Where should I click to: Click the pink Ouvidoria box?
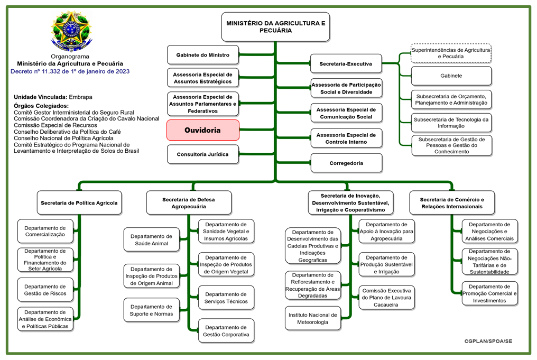tap(203, 130)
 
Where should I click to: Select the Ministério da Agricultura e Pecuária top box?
tap(275, 27)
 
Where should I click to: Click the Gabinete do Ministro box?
tap(202, 55)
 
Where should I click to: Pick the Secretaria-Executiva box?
tap(346, 64)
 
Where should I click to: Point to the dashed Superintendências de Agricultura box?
tap(451, 53)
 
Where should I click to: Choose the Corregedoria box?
tap(346, 163)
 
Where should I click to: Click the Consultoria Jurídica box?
tap(202, 154)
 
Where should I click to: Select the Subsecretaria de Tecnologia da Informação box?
tap(451, 123)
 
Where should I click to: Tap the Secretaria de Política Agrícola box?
tap(79, 202)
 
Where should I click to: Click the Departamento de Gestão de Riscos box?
tap(45, 290)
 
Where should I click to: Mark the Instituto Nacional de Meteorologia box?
tap(311, 318)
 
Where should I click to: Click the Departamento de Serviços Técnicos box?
tap(226, 298)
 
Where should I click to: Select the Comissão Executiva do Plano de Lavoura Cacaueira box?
tap(386, 298)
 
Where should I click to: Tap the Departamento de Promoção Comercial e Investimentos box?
tap(489, 293)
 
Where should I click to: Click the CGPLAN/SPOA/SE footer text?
tap(488, 341)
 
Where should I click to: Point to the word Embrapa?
tap(81, 97)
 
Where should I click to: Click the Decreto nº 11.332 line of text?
tap(70, 71)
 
